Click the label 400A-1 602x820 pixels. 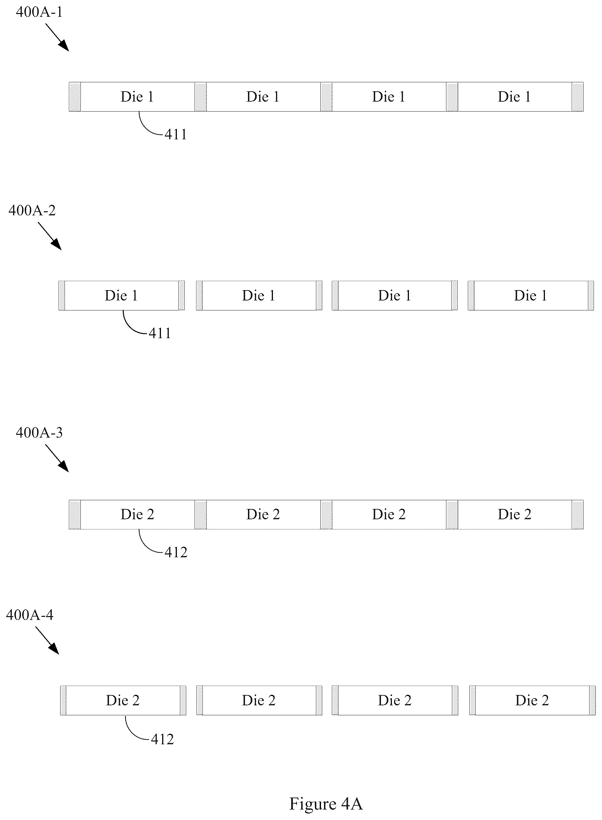(39, 12)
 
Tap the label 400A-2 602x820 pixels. (32, 210)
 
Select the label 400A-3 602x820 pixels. (39, 433)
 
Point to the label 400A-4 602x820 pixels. (30, 615)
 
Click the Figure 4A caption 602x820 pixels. (326, 803)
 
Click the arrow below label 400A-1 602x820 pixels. (57, 37)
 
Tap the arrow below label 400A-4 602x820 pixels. (47, 640)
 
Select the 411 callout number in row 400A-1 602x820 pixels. (176, 135)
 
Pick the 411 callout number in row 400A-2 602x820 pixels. (160, 333)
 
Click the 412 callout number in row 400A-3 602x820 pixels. (176, 552)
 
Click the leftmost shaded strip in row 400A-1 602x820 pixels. (75, 97)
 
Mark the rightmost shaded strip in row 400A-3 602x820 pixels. (578, 515)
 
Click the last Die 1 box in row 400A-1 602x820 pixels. (515, 97)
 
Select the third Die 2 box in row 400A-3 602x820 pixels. (389, 515)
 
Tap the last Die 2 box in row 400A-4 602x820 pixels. (532, 700)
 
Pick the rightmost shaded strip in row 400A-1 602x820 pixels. (578, 97)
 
